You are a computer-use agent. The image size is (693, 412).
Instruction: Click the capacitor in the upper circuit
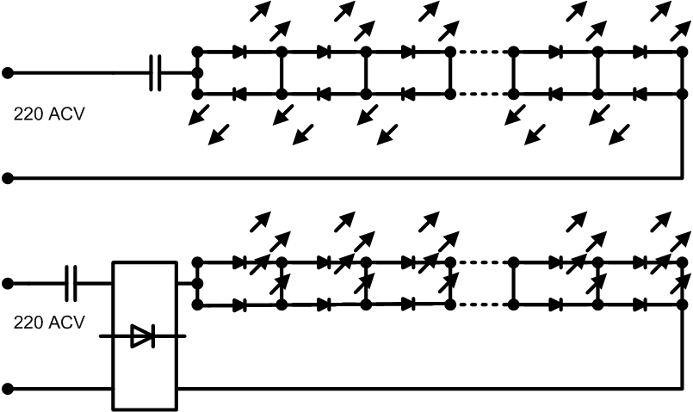click(155, 73)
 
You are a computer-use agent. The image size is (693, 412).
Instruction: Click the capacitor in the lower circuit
click(71, 283)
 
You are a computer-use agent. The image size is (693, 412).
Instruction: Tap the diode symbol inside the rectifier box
click(143, 336)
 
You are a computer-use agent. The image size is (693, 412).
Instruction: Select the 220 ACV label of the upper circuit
click(48, 114)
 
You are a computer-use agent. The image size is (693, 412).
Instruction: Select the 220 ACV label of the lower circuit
click(48, 323)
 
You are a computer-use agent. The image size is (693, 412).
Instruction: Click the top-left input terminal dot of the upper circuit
click(8, 73)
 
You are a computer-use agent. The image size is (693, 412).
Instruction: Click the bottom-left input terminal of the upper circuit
click(8, 178)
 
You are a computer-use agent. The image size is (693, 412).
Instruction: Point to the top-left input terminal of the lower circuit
click(8, 284)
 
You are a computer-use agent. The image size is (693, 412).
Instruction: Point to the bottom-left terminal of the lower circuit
click(8, 389)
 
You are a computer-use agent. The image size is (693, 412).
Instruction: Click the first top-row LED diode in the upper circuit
click(239, 52)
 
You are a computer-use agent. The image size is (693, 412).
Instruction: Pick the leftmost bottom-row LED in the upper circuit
click(239, 94)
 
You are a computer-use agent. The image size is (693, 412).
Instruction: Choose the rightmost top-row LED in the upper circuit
click(640, 52)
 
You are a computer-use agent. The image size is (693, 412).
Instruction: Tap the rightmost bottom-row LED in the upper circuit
click(640, 94)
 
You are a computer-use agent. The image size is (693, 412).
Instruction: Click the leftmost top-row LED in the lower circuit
click(239, 262)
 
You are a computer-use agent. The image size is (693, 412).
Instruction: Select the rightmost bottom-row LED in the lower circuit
click(640, 304)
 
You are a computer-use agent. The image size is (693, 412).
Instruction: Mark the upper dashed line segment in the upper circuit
click(482, 52)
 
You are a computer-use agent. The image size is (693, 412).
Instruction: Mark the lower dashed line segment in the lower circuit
click(482, 304)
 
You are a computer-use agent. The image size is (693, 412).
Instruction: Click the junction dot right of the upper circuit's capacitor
click(197, 73)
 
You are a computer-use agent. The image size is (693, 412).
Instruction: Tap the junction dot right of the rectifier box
click(197, 283)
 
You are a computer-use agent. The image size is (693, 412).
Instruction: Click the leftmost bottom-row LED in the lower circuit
click(239, 304)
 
